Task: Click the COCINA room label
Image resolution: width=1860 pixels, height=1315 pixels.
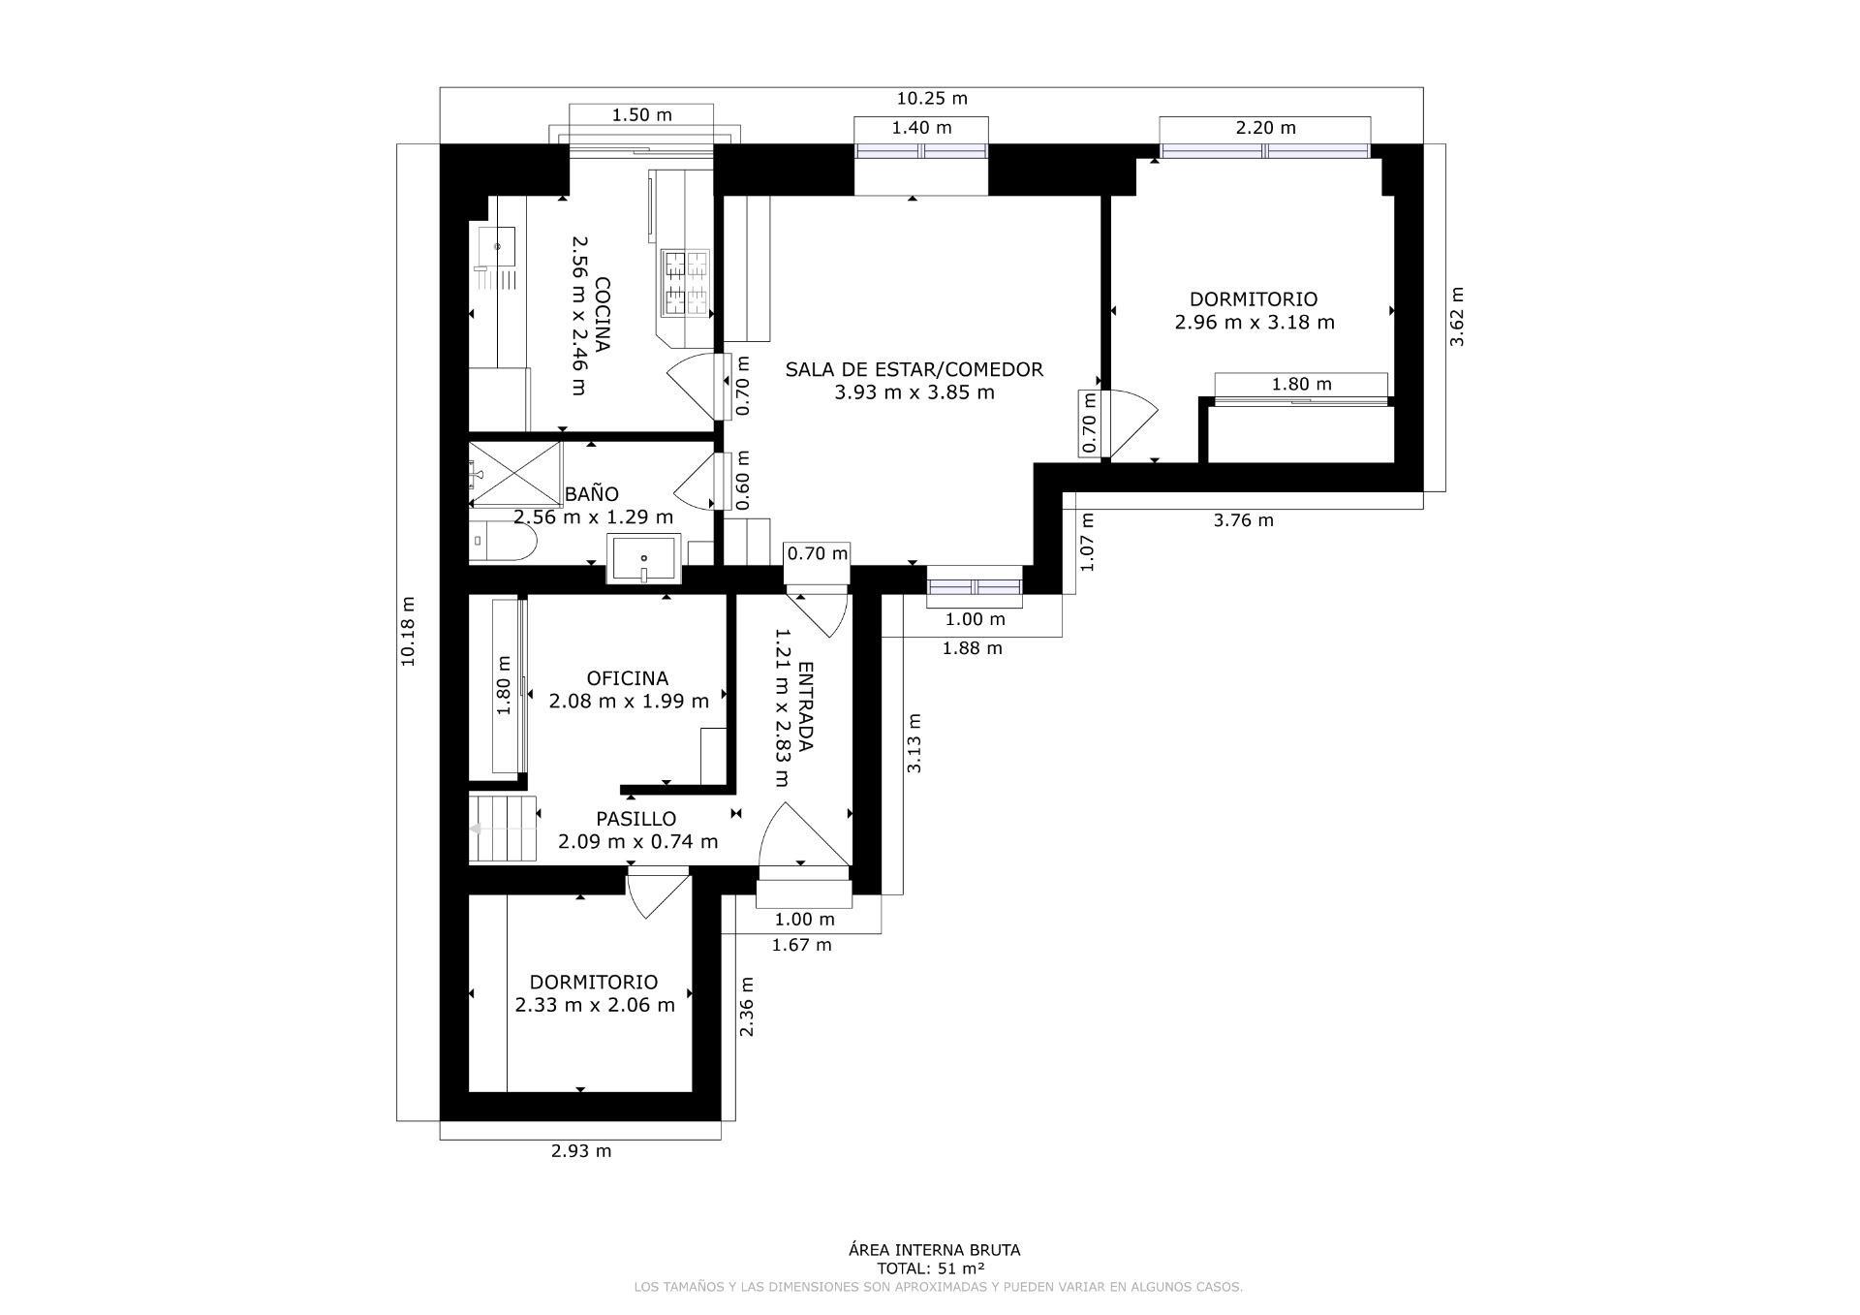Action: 602,315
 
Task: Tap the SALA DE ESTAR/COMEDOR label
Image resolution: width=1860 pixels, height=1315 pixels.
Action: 914,369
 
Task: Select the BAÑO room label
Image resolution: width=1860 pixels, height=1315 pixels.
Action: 591,494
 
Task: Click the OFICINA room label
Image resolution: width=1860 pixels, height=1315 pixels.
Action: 627,678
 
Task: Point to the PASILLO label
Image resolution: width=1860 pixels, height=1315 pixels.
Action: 635,819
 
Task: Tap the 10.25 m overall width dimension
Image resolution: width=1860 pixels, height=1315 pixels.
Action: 931,98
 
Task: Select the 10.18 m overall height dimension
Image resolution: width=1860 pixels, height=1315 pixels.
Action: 408,630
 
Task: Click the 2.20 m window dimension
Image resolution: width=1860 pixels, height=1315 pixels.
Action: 1265,128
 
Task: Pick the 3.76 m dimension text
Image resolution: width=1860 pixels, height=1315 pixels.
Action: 1243,520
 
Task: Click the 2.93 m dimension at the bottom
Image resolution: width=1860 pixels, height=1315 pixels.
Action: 580,1151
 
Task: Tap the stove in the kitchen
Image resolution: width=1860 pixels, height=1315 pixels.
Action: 685,282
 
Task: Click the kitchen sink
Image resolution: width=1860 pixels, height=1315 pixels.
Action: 497,246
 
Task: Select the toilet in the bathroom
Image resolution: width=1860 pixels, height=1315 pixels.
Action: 503,544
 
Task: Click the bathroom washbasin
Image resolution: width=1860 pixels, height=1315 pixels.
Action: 643,559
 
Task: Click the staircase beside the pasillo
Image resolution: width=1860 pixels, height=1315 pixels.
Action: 503,828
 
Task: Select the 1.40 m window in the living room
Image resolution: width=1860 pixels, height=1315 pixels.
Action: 920,151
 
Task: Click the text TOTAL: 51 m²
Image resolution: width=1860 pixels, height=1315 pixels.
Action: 931,1268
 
